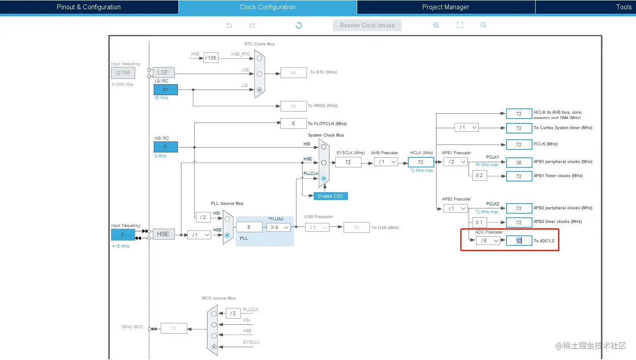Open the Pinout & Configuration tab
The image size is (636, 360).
(89, 7)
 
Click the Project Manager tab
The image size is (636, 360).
(445, 7)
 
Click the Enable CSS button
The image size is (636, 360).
(330, 196)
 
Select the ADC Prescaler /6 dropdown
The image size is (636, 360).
(488, 241)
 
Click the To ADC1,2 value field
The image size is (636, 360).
(519, 241)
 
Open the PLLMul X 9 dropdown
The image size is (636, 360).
(278, 227)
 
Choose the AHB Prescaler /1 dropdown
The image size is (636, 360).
(385, 162)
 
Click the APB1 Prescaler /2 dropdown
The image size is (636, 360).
(455, 162)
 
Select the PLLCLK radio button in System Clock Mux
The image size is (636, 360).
(324, 178)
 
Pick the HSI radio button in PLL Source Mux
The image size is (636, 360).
(227, 219)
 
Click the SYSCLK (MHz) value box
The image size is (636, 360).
(348, 162)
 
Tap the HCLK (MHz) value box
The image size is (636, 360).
(421, 162)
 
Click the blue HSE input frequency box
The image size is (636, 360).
(123, 234)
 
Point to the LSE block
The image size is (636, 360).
(163, 72)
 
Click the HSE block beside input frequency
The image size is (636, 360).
(163, 234)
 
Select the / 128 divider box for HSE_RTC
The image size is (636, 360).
(211, 58)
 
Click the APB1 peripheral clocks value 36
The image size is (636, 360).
(519, 163)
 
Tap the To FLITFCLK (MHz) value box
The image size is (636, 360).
(293, 124)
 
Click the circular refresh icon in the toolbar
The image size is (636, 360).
(299, 25)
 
